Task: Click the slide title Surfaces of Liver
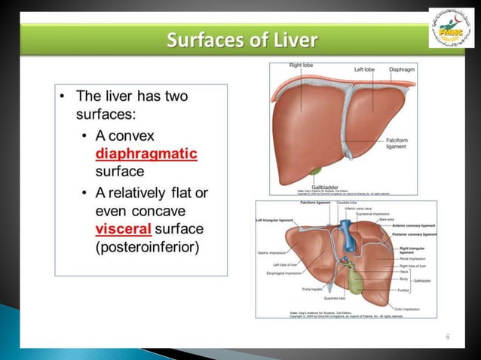pos(241,38)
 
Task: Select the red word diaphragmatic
pos(146,154)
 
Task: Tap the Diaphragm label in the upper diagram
pos(399,69)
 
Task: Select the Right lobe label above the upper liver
pos(302,66)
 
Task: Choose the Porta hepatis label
pos(311,289)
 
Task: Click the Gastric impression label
pos(272,252)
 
